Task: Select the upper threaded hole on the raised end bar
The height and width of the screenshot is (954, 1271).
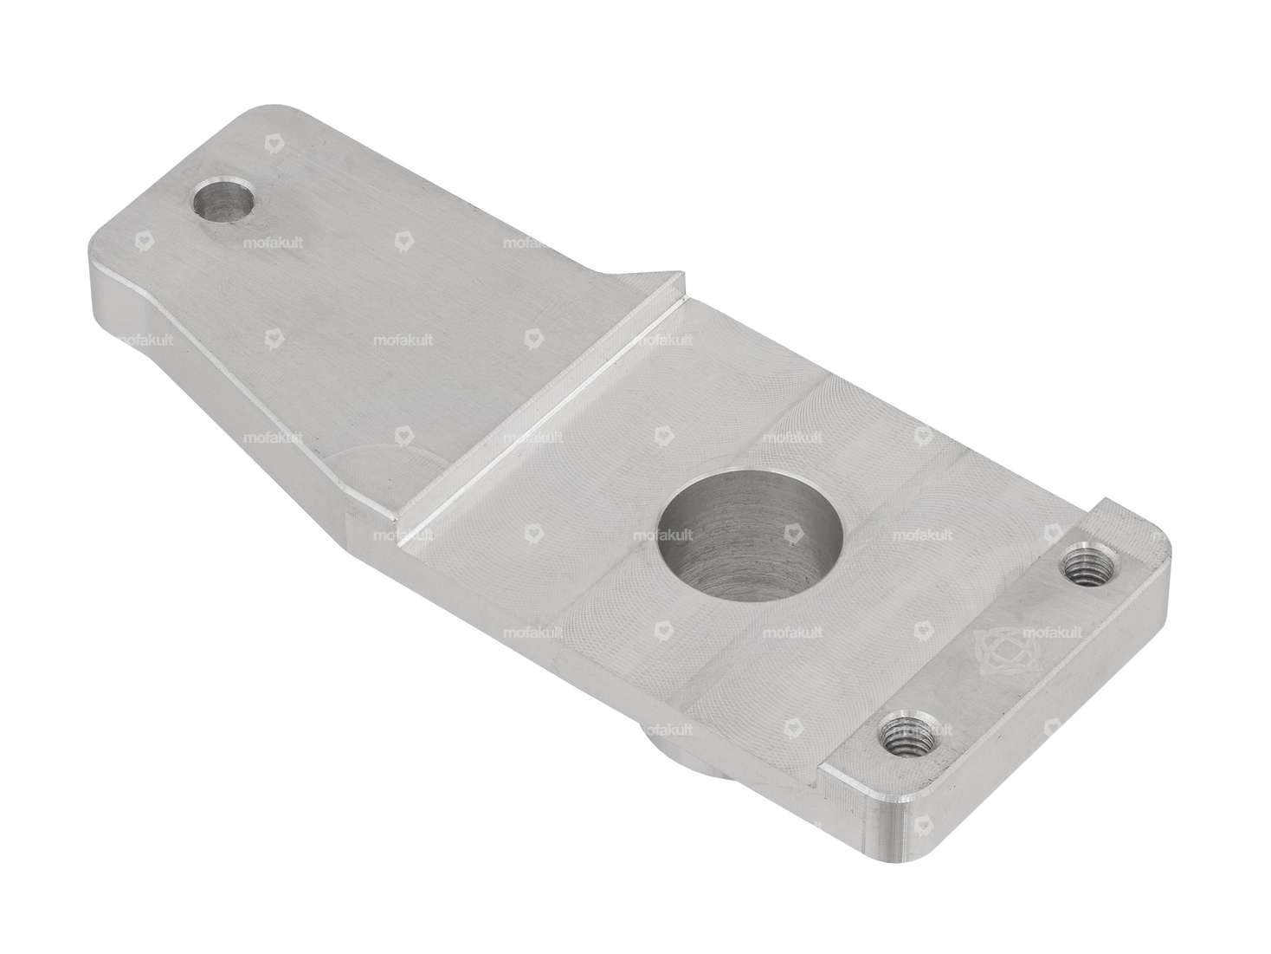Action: coord(1083,568)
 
